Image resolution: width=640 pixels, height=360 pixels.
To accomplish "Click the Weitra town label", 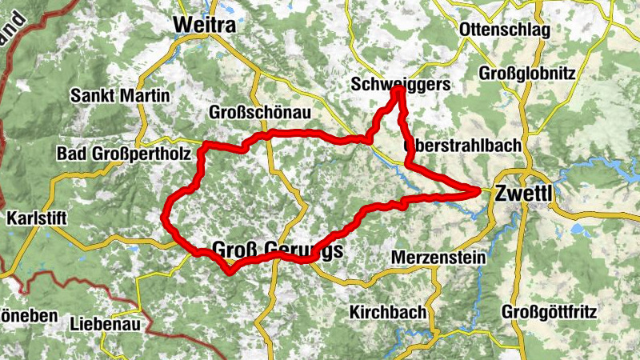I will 205,26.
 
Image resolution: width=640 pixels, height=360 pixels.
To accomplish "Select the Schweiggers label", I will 401,84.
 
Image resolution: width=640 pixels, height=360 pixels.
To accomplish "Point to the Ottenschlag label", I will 505,30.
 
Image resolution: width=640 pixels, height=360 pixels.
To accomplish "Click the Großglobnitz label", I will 527,73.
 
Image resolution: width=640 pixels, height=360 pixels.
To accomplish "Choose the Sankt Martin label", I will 120,96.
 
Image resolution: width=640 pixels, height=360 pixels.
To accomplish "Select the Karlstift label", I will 36,218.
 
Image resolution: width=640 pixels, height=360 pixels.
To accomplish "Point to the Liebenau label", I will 105,324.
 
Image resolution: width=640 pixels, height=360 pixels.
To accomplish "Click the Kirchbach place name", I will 388,311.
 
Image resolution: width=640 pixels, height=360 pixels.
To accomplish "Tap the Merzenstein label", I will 439,258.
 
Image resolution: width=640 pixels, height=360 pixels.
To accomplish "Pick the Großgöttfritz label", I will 549,310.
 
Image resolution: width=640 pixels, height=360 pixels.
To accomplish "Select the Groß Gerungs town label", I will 278,250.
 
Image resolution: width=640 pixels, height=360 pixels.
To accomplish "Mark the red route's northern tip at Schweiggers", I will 398,91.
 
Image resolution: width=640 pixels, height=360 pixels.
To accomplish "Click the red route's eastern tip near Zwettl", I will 479,190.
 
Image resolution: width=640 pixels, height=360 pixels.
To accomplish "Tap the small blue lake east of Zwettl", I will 578,230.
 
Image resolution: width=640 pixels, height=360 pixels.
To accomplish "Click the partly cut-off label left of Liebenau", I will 28,316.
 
